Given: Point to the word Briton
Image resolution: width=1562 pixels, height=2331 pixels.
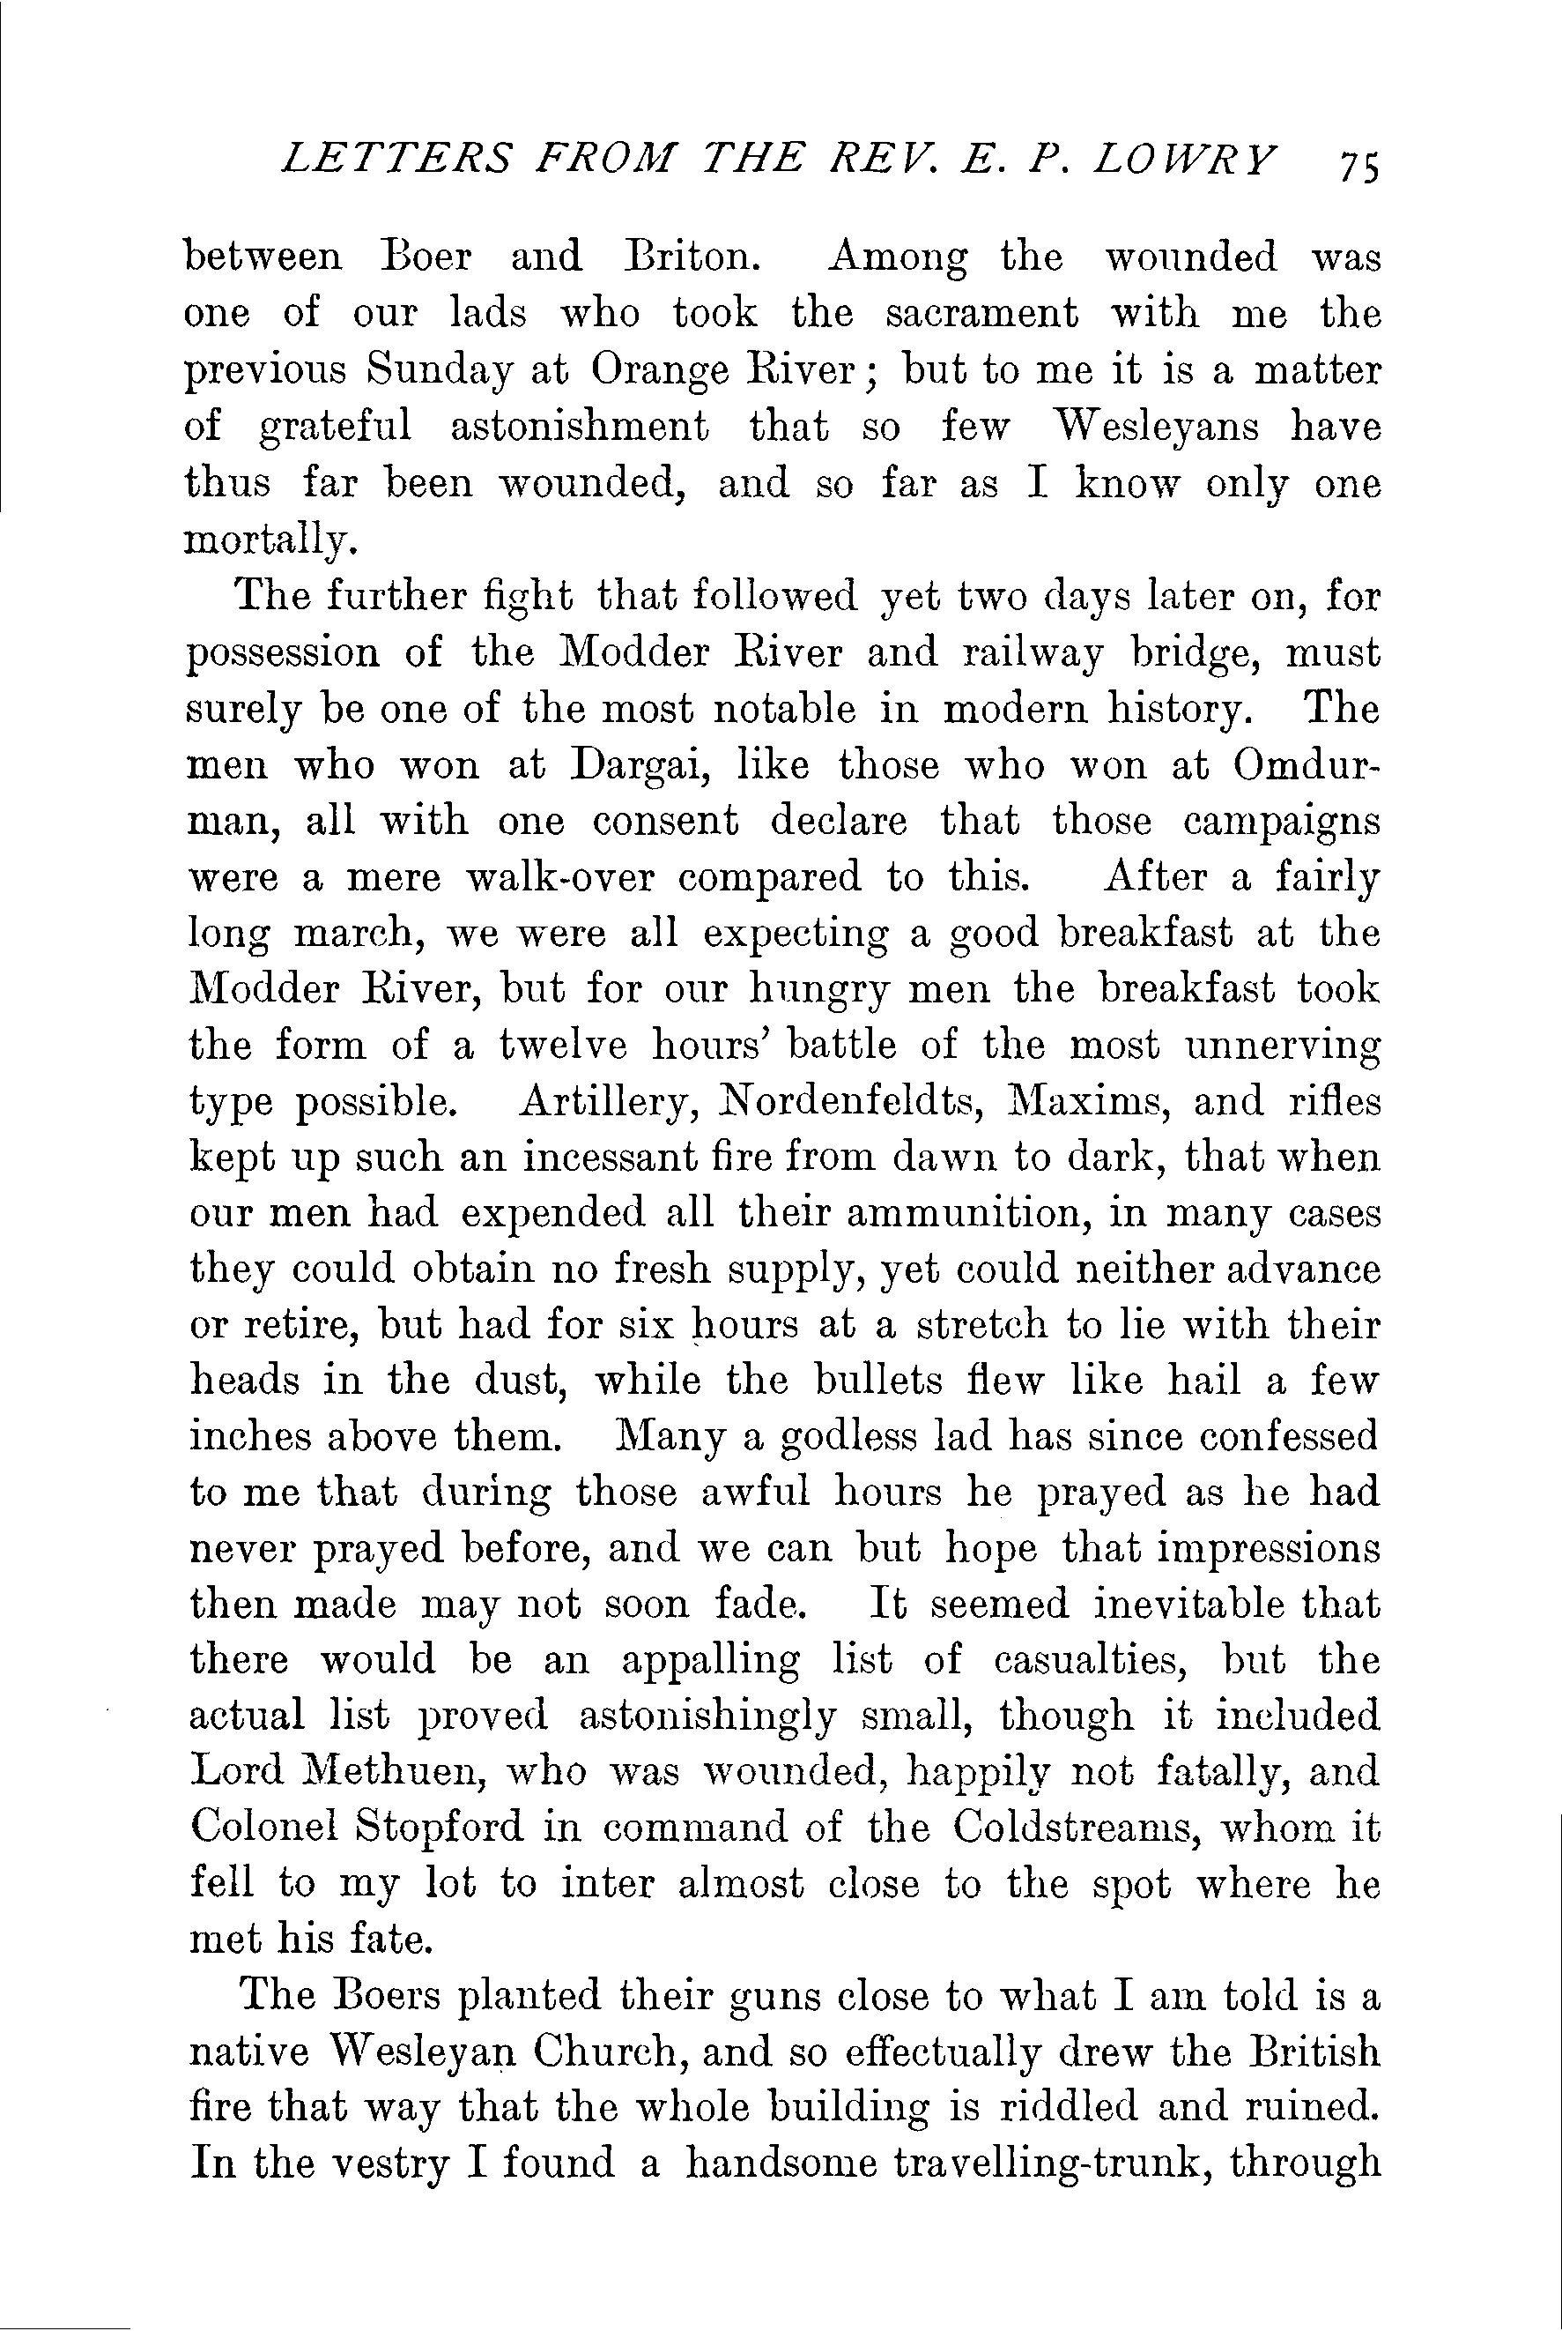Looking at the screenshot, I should click(x=693, y=258).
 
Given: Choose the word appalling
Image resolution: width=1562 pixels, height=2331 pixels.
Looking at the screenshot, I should click(x=709, y=1663).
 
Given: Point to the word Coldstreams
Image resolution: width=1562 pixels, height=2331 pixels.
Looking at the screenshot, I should click(x=1076, y=1828).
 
